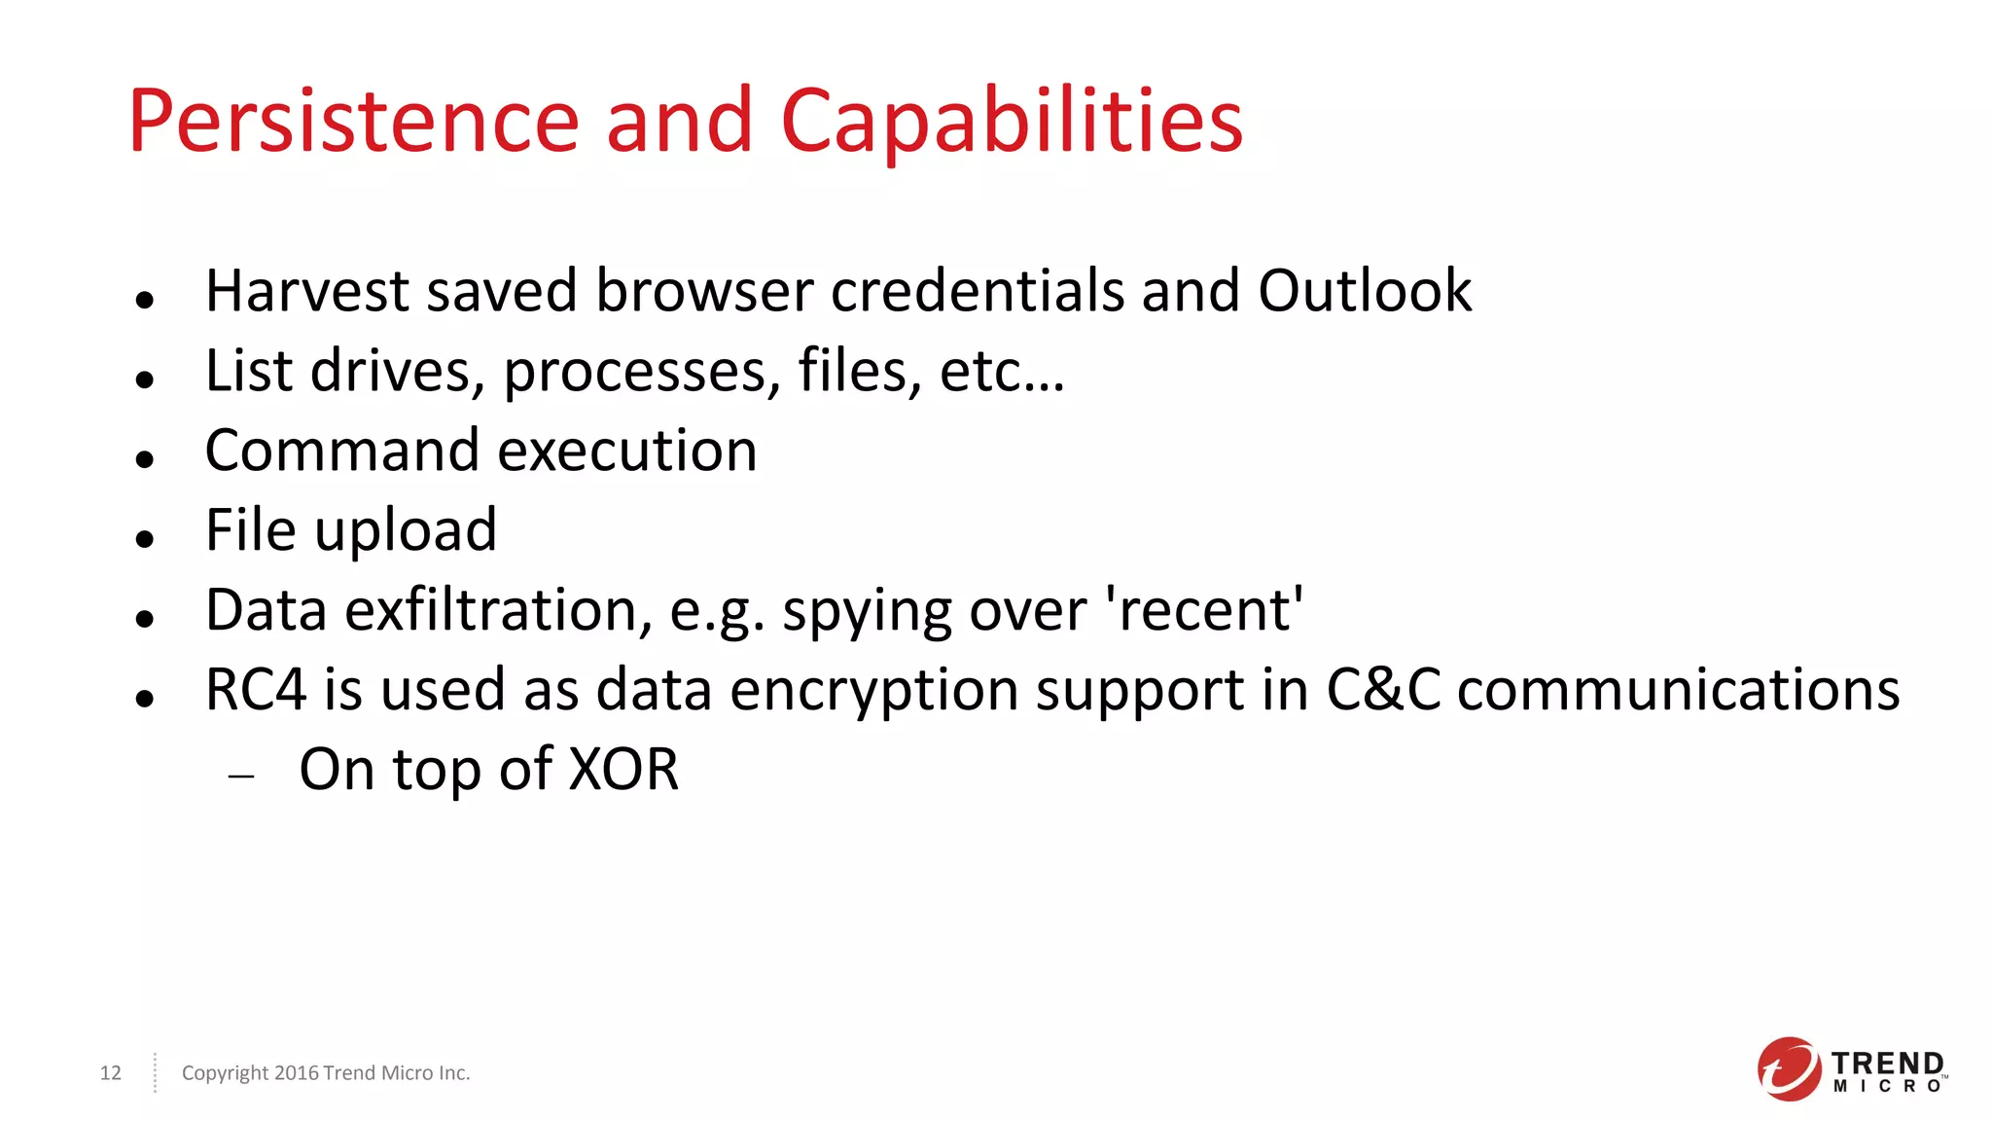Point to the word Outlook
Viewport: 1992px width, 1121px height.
(1365, 291)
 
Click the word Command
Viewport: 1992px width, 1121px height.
(342, 451)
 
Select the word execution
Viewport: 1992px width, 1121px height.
(627, 451)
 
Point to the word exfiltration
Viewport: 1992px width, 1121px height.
(499, 611)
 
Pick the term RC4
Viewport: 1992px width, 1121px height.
(256, 690)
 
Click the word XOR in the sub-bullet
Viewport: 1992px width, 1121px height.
(623, 770)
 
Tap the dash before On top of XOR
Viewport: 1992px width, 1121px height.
(241, 777)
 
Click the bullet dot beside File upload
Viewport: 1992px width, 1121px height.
(145, 538)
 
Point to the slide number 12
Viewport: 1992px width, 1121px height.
(111, 1072)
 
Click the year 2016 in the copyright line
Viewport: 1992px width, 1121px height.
(297, 1072)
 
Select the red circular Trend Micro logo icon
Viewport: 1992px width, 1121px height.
(1788, 1068)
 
